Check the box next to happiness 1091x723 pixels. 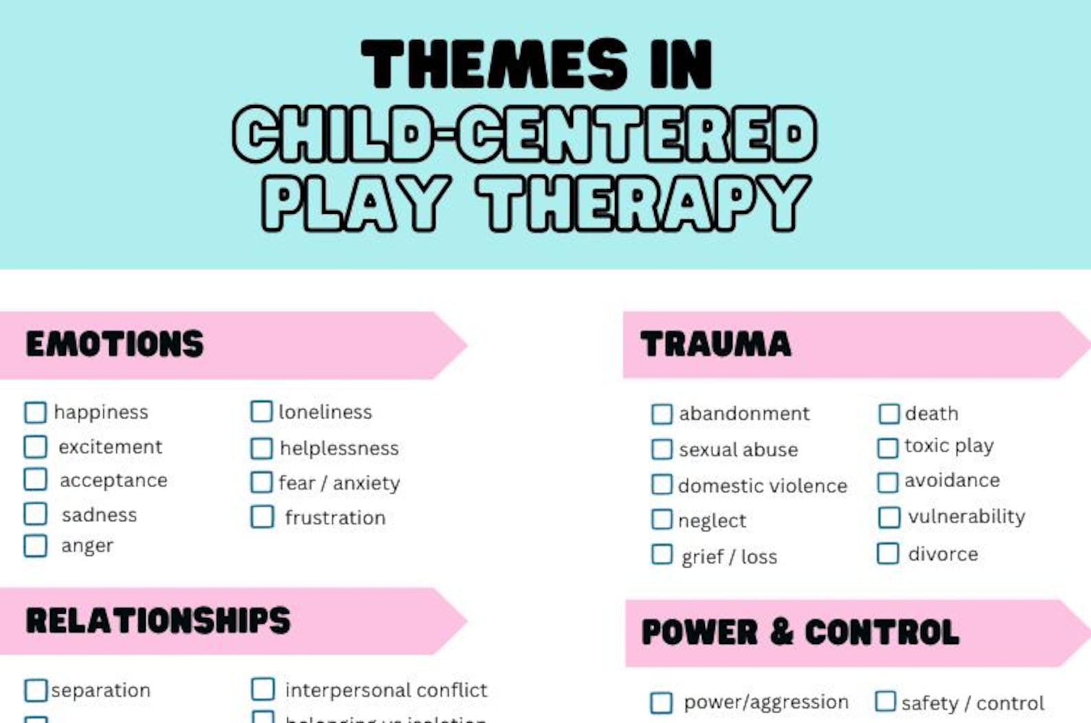[x=35, y=412]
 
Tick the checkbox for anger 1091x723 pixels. [x=35, y=546]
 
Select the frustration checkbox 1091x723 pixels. [x=262, y=517]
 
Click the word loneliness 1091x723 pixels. [x=325, y=412]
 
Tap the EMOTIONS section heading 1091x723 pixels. [x=115, y=344]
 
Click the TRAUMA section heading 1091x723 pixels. [x=715, y=344]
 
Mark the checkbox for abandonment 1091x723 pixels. [x=662, y=414]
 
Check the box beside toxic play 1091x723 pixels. [x=888, y=447]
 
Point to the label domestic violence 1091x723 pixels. [x=763, y=486]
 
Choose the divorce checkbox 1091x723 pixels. [x=888, y=553]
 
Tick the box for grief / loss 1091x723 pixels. [x=662, y=555]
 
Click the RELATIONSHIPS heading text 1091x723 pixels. [x=158, y=621]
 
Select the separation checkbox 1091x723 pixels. [x=36, y=690]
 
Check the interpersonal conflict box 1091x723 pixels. [x=262, y=689]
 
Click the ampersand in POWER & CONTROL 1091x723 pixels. [x=781, y=632]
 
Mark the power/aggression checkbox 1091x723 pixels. [x=661, y=702]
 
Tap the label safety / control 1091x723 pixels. [x=972, y=703]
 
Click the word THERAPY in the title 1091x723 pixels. [x=644, y=203]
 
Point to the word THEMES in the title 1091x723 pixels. [x=494, y=64]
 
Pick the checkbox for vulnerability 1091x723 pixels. [x=889, y=517]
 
